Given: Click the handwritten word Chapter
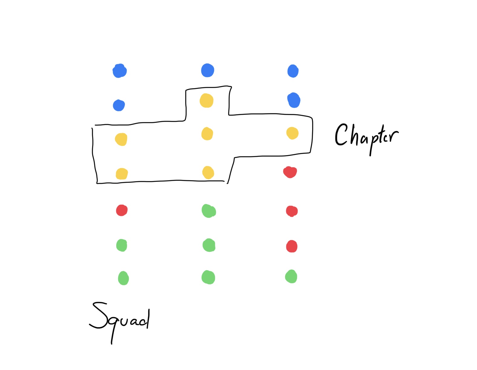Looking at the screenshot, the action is click(x=366, y=136).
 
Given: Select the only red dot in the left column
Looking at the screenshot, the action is click(x=122, y=210).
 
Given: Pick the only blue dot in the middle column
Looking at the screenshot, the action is click(x=208, y=70).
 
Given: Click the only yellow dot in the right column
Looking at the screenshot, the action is click(x=292, y=133).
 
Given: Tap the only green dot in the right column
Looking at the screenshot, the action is click(x=291, y=276).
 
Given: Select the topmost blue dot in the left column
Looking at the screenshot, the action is click(x=120, y=71).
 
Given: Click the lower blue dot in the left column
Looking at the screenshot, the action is click(x=119, y=105).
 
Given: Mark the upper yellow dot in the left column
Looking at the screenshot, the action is click(x=121, y=139).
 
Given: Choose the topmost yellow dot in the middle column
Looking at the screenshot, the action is click(x=206, y=101).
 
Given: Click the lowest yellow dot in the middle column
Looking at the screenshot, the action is click(x=208, y=173).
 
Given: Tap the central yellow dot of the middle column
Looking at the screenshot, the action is click(x=207, y=134).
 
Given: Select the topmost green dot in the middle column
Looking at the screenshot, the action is click(x=209, y=211).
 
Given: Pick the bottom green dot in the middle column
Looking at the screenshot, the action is click(x=208, y=277).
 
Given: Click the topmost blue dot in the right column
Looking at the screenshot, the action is click(x=293, y=71).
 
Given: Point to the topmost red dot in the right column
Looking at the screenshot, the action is click(x=290, y=172).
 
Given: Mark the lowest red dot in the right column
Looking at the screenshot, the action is click(x=292, y=246).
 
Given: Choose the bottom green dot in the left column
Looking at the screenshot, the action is click(x=123, y=278).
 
